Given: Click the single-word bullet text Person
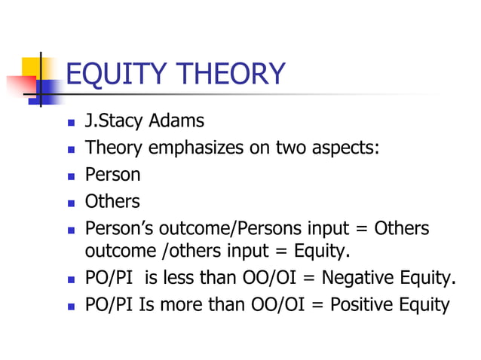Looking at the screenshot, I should (112, 175).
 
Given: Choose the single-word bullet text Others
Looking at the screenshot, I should (112, 202).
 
